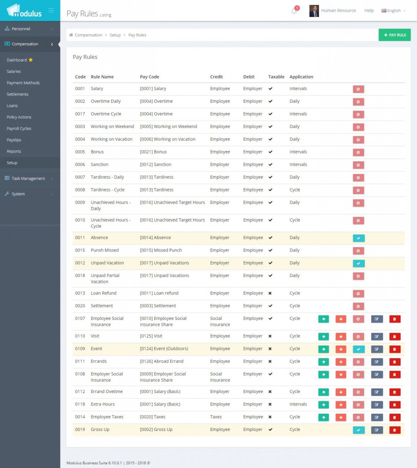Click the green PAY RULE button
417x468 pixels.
tap(395, 35)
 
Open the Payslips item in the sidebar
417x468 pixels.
tap(14, 140)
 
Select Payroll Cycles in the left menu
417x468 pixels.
tap(19, 128)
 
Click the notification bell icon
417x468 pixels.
tap(294, 11)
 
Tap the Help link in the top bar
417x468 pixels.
tap(369, 11)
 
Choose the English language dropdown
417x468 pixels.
tap(393, 11)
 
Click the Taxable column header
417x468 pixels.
tap(276, 77)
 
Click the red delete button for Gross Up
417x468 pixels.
tap(395, 430)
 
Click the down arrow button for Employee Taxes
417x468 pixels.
tap(341, 417)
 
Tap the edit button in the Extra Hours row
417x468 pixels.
tap(377, 404)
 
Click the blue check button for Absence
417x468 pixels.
tap(358, 238)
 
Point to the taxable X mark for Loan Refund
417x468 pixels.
tap(270, 293)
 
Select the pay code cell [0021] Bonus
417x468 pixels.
tap(153, 152)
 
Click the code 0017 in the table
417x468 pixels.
tap(80, 114)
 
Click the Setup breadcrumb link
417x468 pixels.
tap(115, 35)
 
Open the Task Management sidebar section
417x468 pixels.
tap(28, 178)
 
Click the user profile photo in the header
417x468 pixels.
tap(314, 11)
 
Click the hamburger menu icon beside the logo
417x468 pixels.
tap(51, 10)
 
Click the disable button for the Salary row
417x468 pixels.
tap(358, 89)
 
